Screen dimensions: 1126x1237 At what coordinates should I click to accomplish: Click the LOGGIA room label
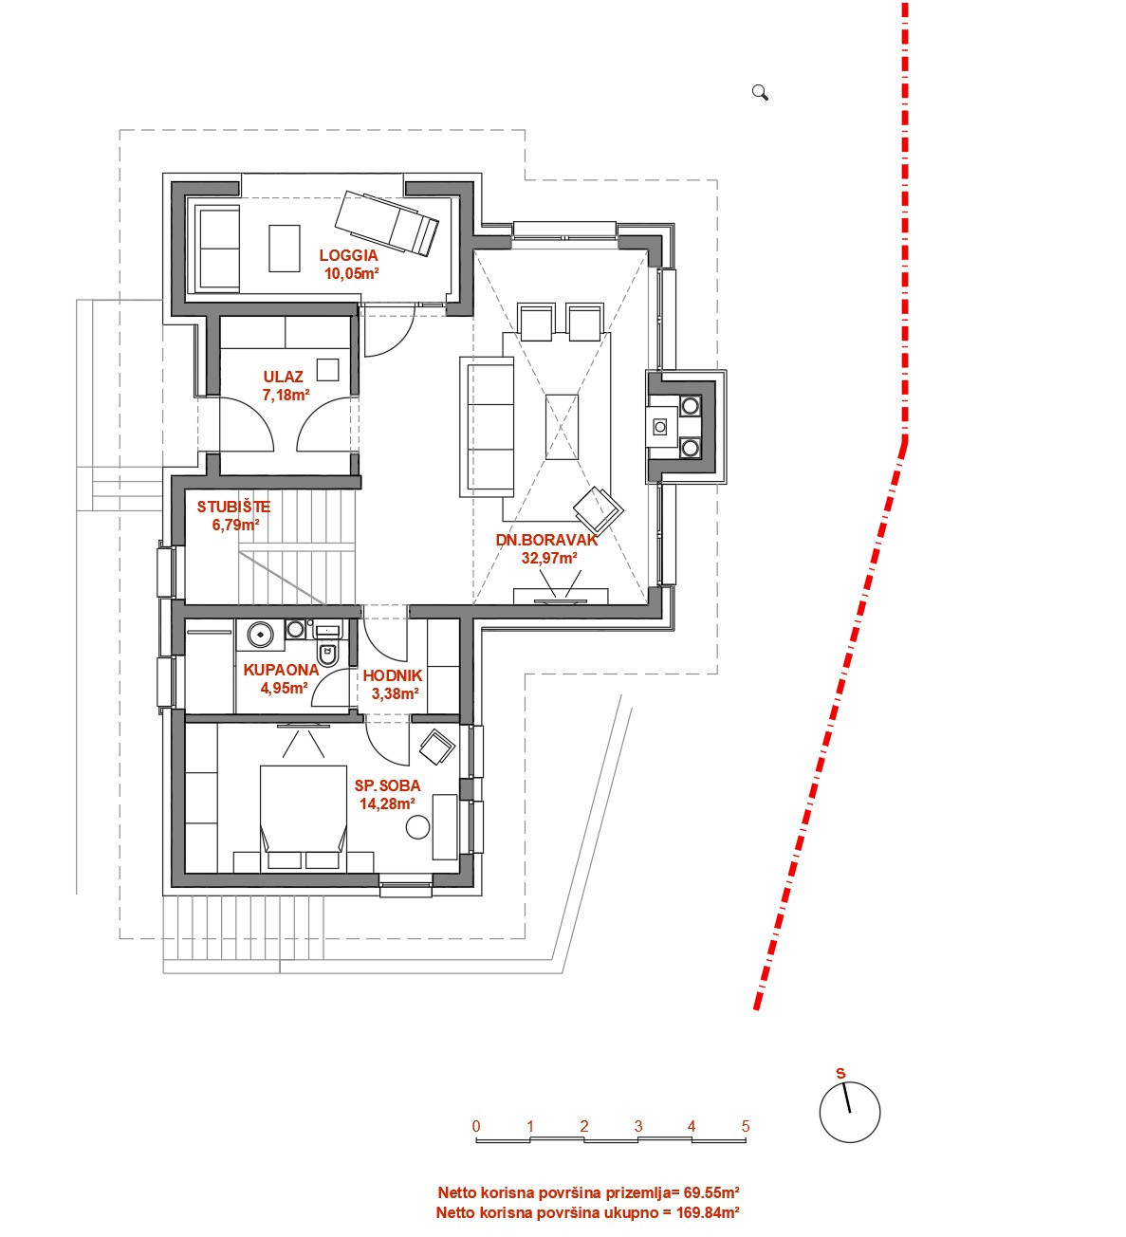348,255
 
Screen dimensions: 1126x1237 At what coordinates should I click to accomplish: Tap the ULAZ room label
283,377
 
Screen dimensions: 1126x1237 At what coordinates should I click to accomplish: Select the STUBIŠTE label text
233,507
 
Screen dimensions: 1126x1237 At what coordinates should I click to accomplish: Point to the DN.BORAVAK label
547,540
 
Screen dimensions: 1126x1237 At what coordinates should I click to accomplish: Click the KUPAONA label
281,670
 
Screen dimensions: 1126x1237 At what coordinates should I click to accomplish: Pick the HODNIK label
393,675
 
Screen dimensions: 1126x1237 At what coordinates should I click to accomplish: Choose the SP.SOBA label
387,785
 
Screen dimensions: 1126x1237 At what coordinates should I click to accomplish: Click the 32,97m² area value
549,558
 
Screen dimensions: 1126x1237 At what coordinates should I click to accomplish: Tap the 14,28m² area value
387,803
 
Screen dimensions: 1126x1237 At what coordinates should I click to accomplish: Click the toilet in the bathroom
327,653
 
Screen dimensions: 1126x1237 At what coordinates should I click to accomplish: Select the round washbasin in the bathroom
261,634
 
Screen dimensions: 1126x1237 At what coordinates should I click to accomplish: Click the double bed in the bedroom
303,818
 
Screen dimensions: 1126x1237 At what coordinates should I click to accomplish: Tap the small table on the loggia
285,248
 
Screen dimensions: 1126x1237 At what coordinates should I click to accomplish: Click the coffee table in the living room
562,427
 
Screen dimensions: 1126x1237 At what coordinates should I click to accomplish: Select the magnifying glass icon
761,93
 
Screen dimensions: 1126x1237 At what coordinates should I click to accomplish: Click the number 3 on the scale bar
638,1126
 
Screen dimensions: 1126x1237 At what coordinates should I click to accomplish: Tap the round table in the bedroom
417,827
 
